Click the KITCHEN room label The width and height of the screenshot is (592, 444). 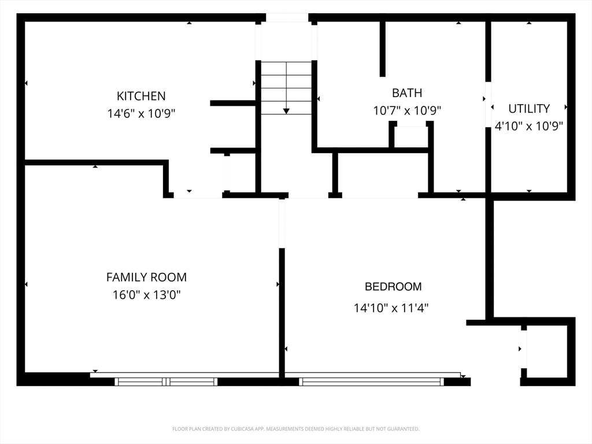[x=141, y=97]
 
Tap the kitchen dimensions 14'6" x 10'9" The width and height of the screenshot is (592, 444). [x=141, y=113]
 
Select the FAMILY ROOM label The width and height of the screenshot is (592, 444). [x=146, y=277]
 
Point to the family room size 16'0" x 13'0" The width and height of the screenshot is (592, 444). [x=146, y=294]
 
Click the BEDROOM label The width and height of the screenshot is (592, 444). [x=393, y=287]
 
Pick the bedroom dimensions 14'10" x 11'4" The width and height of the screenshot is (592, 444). [x=391, y=308]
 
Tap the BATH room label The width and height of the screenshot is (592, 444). [x=407, y=93]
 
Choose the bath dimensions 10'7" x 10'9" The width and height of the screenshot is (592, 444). [x=407, y=110]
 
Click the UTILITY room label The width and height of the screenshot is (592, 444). [x=529, y=109]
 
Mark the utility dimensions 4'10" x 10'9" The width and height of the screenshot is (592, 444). [x=528, y=126]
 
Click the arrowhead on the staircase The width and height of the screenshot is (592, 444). [x=286, y=111]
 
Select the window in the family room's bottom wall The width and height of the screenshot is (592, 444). [x=166, y=382]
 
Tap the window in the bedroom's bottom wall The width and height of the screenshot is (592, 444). [x=372, y=382]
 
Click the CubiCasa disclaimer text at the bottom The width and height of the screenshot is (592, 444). [x=296, y=429]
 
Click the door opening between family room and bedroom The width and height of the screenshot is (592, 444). [x=282, y=223]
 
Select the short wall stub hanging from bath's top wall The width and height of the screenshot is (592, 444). [x=383, y=49]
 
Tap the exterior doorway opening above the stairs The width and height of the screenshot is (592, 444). [x=287, y=17]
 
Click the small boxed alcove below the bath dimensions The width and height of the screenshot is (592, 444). [x=411, y=136]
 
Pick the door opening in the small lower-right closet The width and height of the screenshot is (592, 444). [x=524, y=349]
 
